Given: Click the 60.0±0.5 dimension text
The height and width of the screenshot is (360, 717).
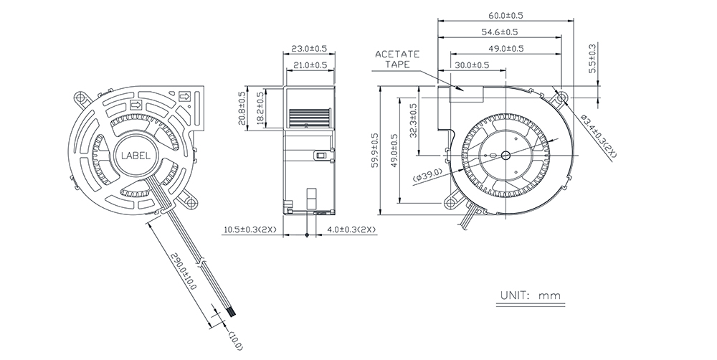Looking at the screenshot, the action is pos(505,15).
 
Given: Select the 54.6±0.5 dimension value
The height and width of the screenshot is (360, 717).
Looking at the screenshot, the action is pos(499,32).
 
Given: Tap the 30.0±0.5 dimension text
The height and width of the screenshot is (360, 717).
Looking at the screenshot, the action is pos(472,65).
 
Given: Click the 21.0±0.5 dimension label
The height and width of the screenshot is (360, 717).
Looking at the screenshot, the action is pos(310,65).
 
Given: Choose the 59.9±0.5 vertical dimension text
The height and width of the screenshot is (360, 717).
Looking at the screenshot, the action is pos(375,150).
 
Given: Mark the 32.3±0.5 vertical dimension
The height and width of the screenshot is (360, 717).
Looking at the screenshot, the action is pos(414,120).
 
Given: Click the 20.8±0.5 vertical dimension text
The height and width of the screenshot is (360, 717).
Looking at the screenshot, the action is pos(242,108).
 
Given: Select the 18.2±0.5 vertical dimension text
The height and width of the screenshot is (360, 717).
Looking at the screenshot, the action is pos(260,108).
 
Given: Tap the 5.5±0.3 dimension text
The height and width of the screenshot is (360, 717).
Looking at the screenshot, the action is pos(592,59).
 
